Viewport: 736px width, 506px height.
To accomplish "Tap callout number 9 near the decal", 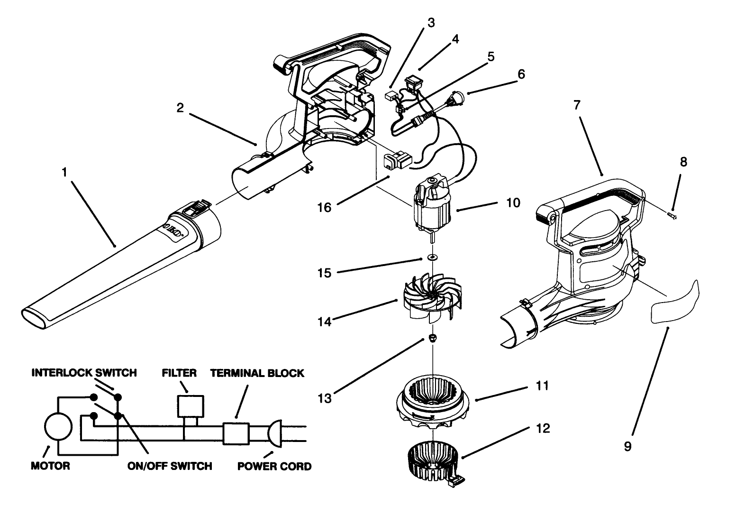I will (x=627, y=447).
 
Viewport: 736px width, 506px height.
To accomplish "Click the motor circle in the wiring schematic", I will (x=58, y=426).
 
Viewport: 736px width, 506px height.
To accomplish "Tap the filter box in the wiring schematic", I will (x=191, y=405).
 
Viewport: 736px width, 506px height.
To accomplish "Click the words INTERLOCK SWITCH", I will (x=84, y=373).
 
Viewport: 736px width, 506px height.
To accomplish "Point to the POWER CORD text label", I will (x=274, y=466).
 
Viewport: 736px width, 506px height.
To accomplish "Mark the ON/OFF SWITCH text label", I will (x=170, y=466).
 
